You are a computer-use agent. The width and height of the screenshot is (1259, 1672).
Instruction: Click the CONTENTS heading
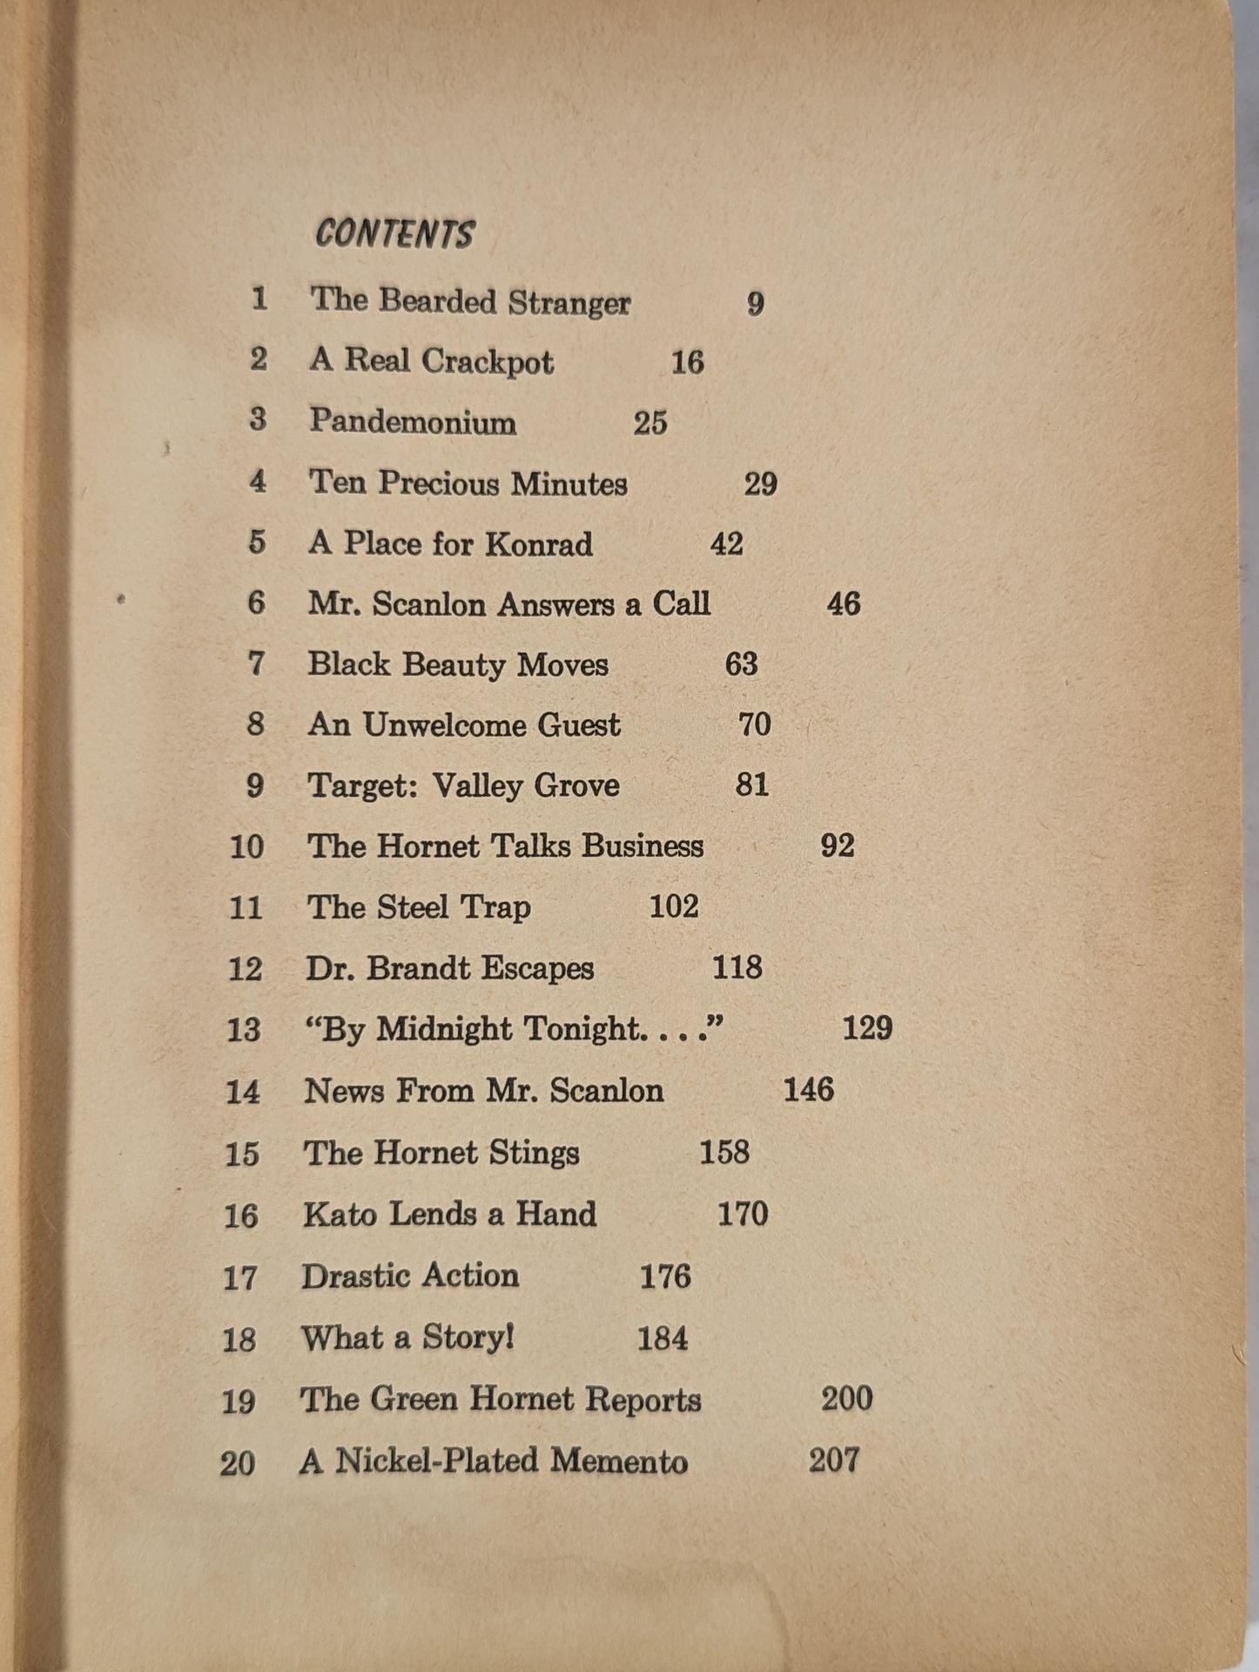(x=394, y=233)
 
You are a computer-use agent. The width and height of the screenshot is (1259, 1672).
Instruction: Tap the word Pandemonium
(x=413, y=421)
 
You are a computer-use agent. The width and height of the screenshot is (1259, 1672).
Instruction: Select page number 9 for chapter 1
(x=755, y=303)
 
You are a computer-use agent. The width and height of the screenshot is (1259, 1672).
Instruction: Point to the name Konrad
(x=539, y=544)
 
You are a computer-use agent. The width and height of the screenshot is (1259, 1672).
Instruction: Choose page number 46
(x=843, y=603)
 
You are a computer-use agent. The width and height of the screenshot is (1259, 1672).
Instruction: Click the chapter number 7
(x=256, y=664)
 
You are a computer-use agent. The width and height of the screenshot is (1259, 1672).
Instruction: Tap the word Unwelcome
(x=443, y=725)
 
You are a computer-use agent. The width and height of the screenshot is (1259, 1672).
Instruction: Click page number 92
(x=837, y=846)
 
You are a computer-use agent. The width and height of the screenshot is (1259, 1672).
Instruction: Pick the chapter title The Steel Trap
(x=418, y=907)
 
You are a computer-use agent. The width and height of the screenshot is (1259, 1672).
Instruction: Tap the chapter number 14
(x=243, y=1091)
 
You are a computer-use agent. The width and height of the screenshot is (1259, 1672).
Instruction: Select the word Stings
(x=534, y=1152)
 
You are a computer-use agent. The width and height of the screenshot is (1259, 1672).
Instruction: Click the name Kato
(x=340, y=1214)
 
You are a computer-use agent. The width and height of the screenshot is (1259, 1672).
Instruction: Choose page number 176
(x=665, y=1277)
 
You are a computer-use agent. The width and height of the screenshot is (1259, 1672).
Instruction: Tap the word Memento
(x=619, y=1461)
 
